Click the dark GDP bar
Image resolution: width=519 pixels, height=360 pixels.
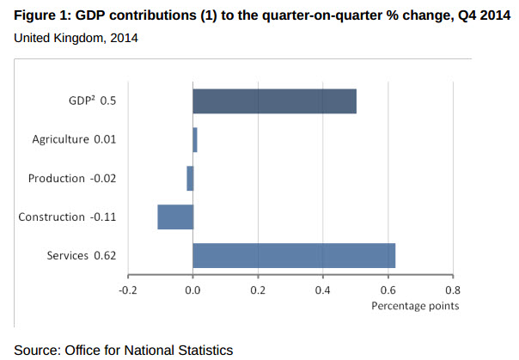274,101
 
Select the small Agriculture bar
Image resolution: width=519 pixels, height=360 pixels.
195,139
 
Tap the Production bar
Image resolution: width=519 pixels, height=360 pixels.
190,178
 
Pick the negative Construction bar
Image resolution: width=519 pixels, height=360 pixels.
175,217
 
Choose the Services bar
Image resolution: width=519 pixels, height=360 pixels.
294,255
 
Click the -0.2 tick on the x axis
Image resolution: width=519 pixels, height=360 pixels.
127,290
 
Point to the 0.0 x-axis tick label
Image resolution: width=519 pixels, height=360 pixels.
192,290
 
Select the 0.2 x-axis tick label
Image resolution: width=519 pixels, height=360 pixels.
258,290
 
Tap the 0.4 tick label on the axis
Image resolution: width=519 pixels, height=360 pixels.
323,290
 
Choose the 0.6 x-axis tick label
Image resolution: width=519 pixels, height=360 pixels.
388,290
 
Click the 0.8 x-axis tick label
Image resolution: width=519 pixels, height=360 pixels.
453,290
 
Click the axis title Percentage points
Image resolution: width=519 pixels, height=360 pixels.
415,306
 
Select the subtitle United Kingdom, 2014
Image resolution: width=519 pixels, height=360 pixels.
76,38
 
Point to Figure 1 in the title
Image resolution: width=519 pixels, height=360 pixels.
40,15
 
